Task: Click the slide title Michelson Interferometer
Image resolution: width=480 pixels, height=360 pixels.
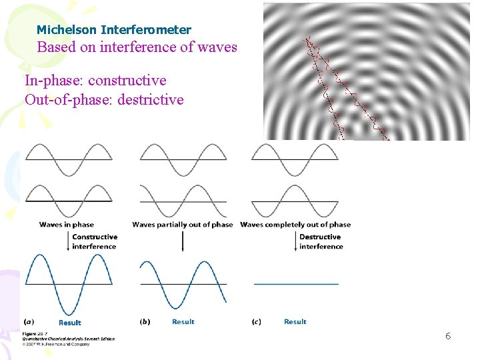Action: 113,30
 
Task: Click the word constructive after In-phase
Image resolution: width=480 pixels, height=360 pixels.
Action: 127,81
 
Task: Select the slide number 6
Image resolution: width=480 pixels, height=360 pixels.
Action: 448,336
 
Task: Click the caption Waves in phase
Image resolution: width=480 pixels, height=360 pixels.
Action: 67,225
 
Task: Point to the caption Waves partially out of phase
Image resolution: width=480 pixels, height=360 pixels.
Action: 183,225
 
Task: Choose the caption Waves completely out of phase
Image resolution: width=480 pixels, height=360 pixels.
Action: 295,225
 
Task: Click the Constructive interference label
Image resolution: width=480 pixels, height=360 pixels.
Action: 95,241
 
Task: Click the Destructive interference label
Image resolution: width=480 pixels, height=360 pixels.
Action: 321,241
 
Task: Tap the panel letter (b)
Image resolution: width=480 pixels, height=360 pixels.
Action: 145,321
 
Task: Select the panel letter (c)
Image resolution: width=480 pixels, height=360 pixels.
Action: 257,321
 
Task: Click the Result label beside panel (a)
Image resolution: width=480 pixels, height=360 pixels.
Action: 70,322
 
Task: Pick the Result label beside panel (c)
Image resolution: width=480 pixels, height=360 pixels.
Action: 295,321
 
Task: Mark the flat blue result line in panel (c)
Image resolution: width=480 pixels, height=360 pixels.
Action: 296,284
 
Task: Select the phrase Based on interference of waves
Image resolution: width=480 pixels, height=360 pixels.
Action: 137,47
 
